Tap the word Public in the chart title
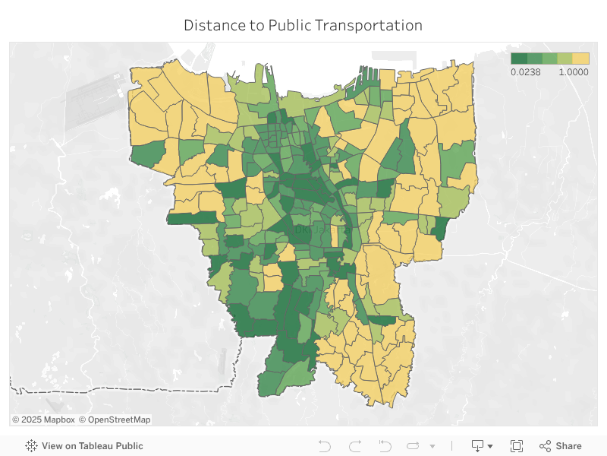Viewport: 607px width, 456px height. pyautogui.click(x=289, y=25)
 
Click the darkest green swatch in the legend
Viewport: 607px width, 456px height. pyautogui.click(x=518, y=59)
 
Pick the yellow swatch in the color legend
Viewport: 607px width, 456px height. pyautogui.click(x=580, y=59)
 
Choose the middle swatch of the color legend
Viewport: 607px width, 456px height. pyautogui.click(x=549, y=59)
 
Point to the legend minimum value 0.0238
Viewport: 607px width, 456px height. pyautogui.click(x=525, y=72)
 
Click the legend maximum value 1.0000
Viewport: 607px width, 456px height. pyautogui.click(x=574, y=72)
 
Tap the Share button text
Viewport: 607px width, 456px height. pyautogui.click(x=568, y=446)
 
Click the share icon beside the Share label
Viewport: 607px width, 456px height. pyautogui.click(x=545, y=446)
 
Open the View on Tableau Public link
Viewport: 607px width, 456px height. pyautogui.click(x=92, y=446)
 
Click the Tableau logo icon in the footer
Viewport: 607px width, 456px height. pyautogui.click(x=32, y=446)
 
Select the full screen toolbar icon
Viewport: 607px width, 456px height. pyautogui.click(x=517, y=446)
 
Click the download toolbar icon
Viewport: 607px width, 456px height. pyautogui.click(x=478, y=446)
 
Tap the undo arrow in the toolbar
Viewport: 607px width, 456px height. pyautogui.click(x=325, y=446)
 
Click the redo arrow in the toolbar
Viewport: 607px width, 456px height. pyautogui.click(x=354, y=446)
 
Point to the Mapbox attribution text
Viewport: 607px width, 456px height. pyautogui.click(x=43, y=420)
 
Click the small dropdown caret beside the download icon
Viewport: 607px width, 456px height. pyautogui.click(x=490, y=447)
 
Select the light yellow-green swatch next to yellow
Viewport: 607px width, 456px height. pyautogui.click(x=565, y=59)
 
